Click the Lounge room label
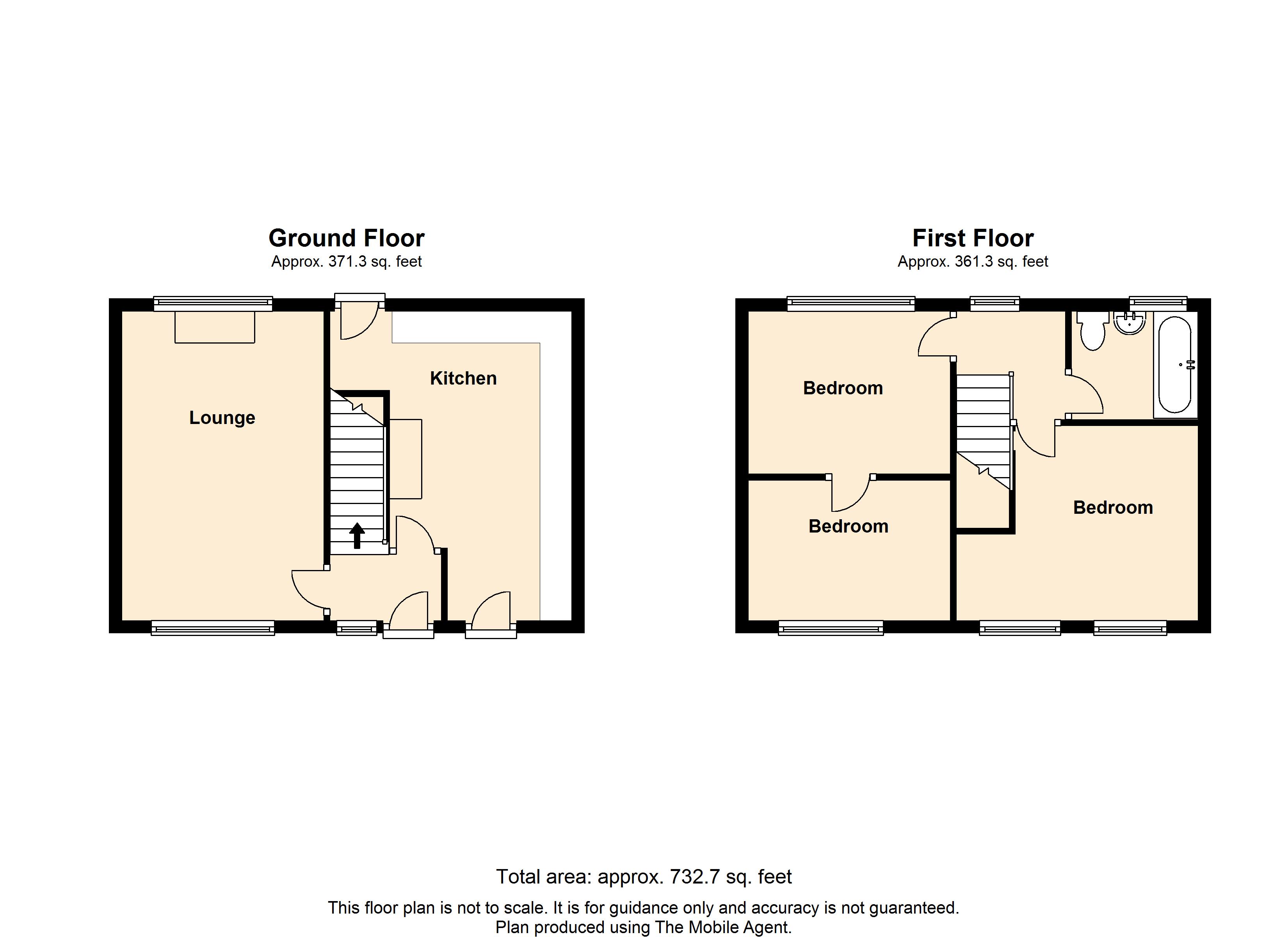pos(222,418)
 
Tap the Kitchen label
pos(463,378)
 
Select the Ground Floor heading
pos(347,238)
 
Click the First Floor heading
pos(973,238)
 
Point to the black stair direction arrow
pos(357,536)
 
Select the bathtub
pos(1174,364)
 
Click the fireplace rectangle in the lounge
pos(215,327)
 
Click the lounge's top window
pos(213,304)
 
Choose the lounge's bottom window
pos(213,627)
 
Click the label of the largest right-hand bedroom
pos(1113,508)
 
